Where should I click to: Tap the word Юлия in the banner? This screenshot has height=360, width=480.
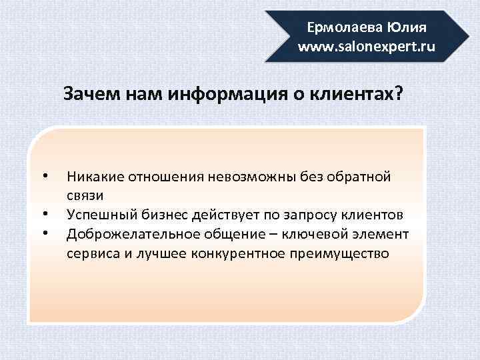(403, 29)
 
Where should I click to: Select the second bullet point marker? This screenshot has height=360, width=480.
(44, 215)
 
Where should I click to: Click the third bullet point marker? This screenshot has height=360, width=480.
(44, 234)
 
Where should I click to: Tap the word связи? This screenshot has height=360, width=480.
(84, 196)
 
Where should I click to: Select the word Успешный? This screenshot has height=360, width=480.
(97, 215)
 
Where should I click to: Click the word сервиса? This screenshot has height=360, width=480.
(91, 253)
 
